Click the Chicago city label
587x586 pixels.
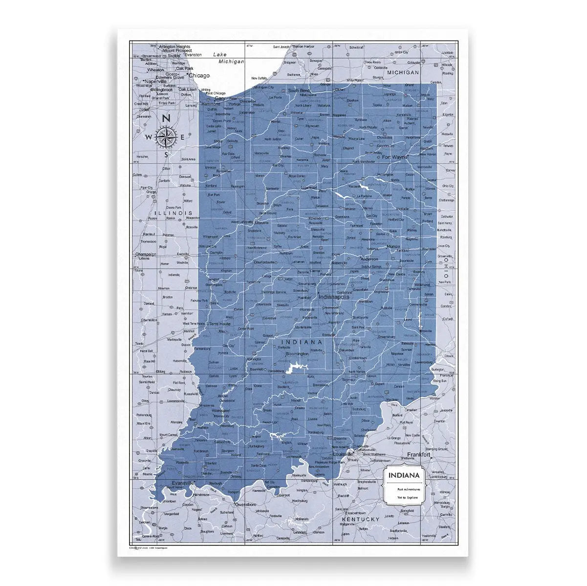point(199,76)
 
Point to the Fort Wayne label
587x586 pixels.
point(395,157)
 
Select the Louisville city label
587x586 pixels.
point(343,454)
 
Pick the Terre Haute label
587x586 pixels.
point(219,324)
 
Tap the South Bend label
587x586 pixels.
point(300,91)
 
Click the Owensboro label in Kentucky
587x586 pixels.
point(246,503)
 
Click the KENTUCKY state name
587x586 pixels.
point(361,519)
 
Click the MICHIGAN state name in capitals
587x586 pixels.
point(403,72)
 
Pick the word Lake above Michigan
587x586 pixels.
point(220,56)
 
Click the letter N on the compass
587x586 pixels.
point(166,118)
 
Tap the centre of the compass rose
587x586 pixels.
point(166,137)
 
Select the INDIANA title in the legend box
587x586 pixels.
point(403,475)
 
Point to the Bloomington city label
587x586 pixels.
point(297,354)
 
